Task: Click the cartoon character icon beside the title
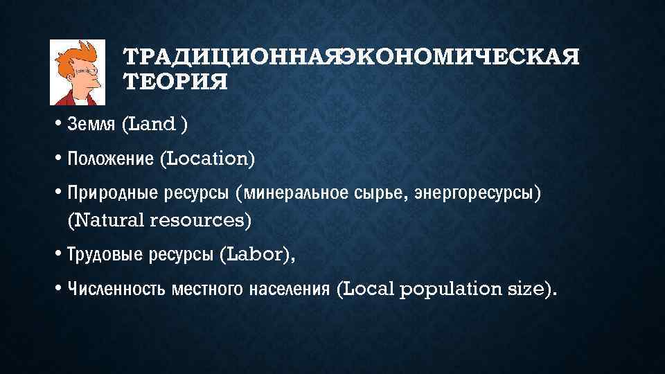76,71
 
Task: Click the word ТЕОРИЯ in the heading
175,82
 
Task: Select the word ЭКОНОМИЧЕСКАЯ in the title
461,56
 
